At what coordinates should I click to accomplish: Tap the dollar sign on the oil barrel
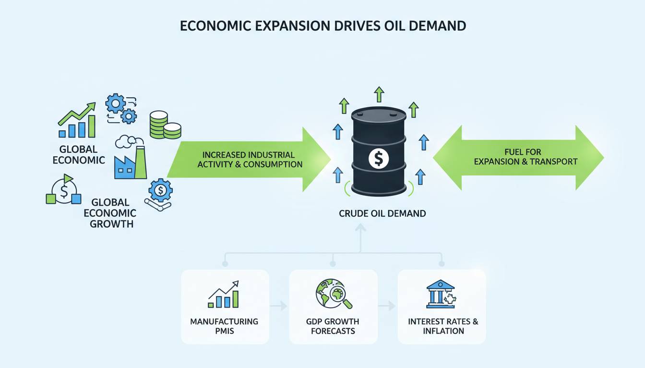(x=378, y=158)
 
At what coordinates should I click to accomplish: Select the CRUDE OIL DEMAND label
(x=382, y=213)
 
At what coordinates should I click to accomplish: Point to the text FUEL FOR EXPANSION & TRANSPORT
(x=526, y=157)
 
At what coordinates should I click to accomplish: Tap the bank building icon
(x=440, y=294)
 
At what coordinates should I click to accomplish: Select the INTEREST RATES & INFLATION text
(x=443, y=326)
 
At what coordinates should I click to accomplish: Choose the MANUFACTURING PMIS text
(x=224, y=326)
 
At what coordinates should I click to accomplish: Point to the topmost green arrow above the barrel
(x=379, y=94)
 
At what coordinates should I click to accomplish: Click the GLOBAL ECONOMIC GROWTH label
(x=113, y=213)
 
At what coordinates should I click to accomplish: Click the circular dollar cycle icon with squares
(x=63, y=190)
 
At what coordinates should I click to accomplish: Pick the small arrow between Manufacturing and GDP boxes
(x=278, y=306)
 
